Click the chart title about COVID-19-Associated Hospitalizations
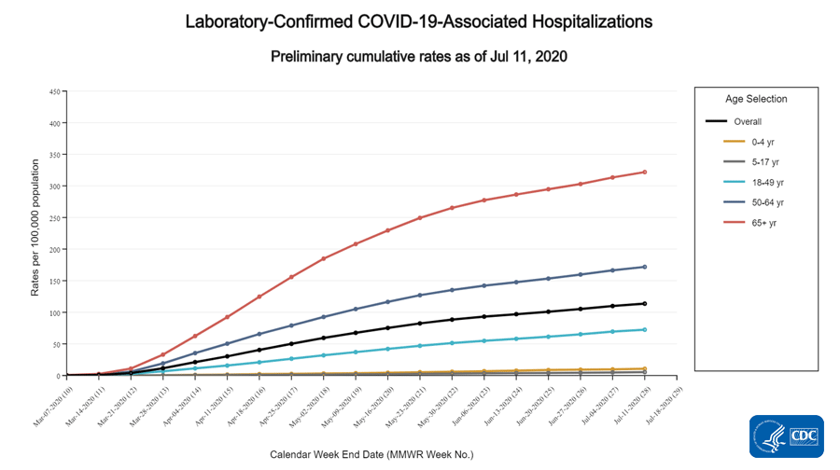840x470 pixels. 419,21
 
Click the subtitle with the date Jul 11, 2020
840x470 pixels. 419,57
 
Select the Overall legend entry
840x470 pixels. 748,121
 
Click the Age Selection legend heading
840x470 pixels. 756,99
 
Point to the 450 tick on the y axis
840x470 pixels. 55,91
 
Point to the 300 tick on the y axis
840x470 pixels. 55,187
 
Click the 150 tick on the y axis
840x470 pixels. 55,281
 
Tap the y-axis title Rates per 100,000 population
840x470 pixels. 35,233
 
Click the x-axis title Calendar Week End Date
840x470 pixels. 371,454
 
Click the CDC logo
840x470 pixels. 786,436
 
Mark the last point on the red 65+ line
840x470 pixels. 645,172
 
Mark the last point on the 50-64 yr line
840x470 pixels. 645,267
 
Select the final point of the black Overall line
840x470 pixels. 645,303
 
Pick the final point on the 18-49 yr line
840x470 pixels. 645,329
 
